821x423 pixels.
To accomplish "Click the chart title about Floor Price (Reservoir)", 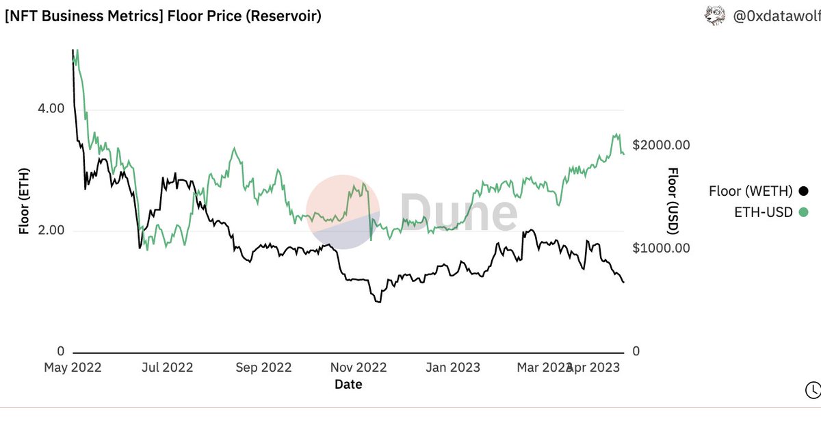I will point(162,16).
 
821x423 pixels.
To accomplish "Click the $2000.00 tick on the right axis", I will point(661,145).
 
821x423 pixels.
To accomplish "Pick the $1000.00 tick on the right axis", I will point(661,248).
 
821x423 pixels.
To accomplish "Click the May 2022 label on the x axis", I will point(73,368).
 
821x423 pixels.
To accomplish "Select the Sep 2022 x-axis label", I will point(263,368).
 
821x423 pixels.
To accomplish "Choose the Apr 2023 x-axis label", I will point(597,368).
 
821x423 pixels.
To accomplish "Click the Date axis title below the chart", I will point(348,385).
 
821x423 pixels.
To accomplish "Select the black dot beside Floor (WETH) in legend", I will point(803,191).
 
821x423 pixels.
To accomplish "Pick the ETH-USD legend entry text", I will point(763,212).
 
